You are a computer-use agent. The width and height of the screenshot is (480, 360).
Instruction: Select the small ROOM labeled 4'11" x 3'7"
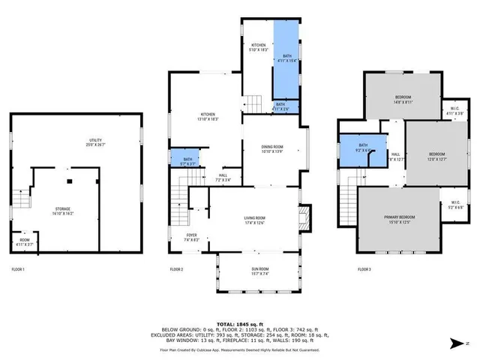coord(25,241)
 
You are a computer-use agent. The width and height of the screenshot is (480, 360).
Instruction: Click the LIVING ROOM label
coord(255,220)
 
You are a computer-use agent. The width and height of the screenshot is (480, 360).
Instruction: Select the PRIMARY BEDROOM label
coord(399,219)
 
